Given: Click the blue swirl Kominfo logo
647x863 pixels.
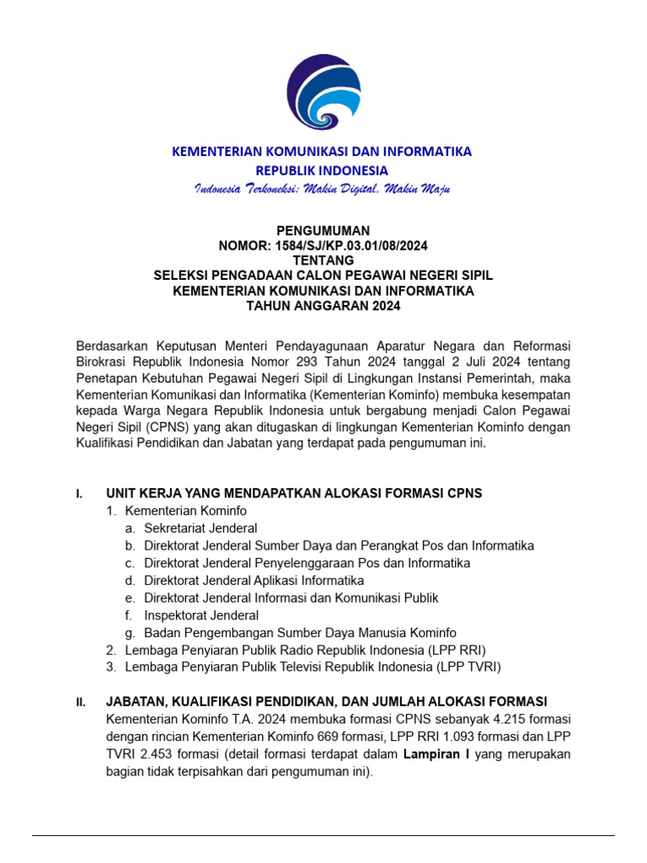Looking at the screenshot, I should point(323,91).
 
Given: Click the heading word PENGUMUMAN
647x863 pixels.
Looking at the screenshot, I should point(323,230).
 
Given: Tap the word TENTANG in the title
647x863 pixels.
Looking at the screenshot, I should point(323,260).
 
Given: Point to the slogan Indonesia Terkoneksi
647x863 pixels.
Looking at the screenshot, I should point(253,189).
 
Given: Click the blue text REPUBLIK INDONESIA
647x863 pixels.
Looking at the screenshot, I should point(323,170).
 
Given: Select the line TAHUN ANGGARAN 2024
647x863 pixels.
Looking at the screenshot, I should point(323,306).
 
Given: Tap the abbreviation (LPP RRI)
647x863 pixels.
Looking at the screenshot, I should point(455,650).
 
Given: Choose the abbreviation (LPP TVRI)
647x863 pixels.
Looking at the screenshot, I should point(468,667).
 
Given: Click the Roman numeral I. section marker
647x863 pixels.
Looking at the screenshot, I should point(79,494).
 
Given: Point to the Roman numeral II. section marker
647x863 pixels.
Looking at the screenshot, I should point(81,702).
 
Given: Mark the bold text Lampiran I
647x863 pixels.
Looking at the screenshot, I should point(436,754).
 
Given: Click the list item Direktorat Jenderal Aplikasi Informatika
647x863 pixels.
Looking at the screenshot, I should point(254,581).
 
